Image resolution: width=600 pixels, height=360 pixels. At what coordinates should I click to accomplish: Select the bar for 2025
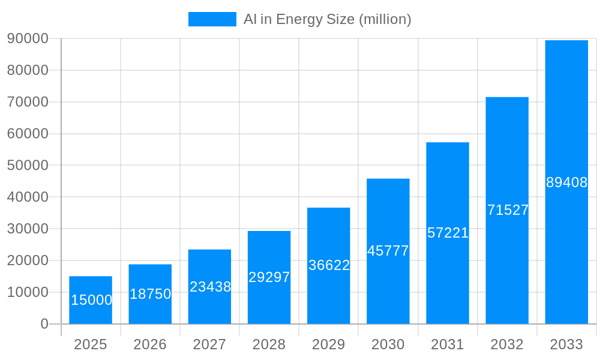91,300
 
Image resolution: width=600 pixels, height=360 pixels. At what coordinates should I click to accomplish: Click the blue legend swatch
212,19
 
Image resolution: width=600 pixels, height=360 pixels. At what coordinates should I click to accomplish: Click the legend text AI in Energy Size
327,19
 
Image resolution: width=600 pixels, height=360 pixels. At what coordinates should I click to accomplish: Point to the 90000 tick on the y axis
28,38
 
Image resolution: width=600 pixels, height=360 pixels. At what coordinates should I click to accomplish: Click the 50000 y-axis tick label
28,165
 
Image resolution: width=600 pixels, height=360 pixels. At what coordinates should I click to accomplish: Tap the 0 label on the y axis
44,324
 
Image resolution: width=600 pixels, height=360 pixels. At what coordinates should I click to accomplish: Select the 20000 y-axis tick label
28,260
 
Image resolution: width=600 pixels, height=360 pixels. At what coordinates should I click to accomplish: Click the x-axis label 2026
150,344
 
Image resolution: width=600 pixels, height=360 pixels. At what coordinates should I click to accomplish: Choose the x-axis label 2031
448,344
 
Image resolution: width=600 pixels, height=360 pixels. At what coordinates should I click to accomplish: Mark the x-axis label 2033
566,344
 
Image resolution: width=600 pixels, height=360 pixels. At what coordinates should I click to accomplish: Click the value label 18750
150,294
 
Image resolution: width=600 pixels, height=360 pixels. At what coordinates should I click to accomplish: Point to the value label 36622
329,265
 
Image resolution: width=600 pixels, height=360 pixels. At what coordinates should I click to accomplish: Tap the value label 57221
448,233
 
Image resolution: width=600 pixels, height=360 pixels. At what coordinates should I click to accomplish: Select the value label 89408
566,182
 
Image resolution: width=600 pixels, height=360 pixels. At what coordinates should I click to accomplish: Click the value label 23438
210,287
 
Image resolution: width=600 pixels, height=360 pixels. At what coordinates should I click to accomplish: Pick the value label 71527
508,210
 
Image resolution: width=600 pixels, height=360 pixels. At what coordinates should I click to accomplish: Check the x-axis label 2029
329,344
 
